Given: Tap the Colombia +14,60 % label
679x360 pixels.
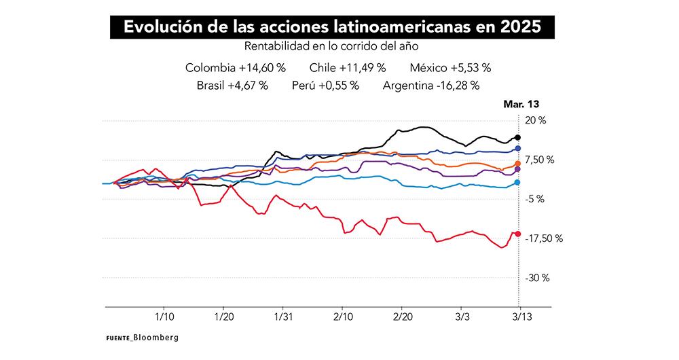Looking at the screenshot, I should coord(235,68).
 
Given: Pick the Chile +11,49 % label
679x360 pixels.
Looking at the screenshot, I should coord(347,68).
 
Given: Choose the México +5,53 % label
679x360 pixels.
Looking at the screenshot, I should coord(450,68).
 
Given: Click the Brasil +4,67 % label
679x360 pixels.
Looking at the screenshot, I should coord(232,86).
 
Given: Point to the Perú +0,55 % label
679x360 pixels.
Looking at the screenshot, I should coord(325,86).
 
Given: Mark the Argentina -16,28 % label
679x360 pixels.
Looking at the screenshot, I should coord(431,86).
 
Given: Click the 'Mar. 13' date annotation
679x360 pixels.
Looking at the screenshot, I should coord(521,105).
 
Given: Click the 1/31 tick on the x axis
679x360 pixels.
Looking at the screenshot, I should coord(283,317).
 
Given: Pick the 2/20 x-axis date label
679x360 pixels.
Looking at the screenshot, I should coord(402,317).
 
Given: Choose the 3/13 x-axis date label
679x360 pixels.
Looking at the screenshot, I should coord(521,317).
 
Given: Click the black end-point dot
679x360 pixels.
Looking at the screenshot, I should coord(518,137).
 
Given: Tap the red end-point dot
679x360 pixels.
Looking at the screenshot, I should coord(518,234).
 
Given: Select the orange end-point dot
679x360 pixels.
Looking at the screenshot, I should coord(518,164).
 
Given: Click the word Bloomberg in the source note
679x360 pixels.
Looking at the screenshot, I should coord(155,337).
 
